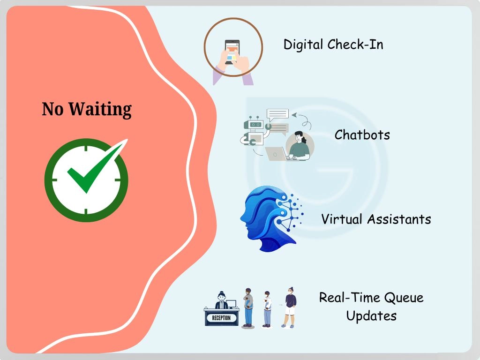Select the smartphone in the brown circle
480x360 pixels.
click(x=232, y=51)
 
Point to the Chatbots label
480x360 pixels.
click(x=362, y=135)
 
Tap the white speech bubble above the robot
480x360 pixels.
click(x=277, y=114)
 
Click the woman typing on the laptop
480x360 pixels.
click(x=299, y=146)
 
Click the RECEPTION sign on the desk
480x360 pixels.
click(x=221, y=318)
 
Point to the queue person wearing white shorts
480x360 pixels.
click(x=290, y=307)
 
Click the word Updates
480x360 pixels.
click(x=371, y=315)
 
